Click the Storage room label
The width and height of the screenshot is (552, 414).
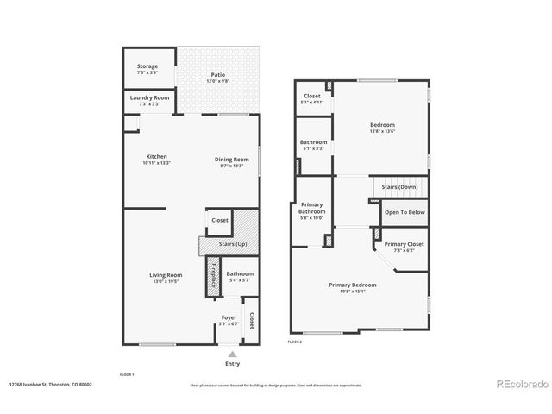coord(147,67)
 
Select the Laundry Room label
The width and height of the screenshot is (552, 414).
coord(149,98)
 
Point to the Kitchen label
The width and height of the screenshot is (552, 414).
coord(156,157)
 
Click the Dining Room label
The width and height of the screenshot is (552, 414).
coord(229,159)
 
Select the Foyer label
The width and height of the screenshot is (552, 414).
coord(229,317)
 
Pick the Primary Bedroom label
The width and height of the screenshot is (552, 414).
coord(352,285)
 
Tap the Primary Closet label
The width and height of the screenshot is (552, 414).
coord(404,245)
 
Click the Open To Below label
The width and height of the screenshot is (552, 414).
coord(405,211)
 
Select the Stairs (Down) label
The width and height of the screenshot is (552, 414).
coord(402,187)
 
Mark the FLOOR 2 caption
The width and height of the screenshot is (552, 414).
coord(295,342)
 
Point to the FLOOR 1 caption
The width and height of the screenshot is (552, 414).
coord(127,374)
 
